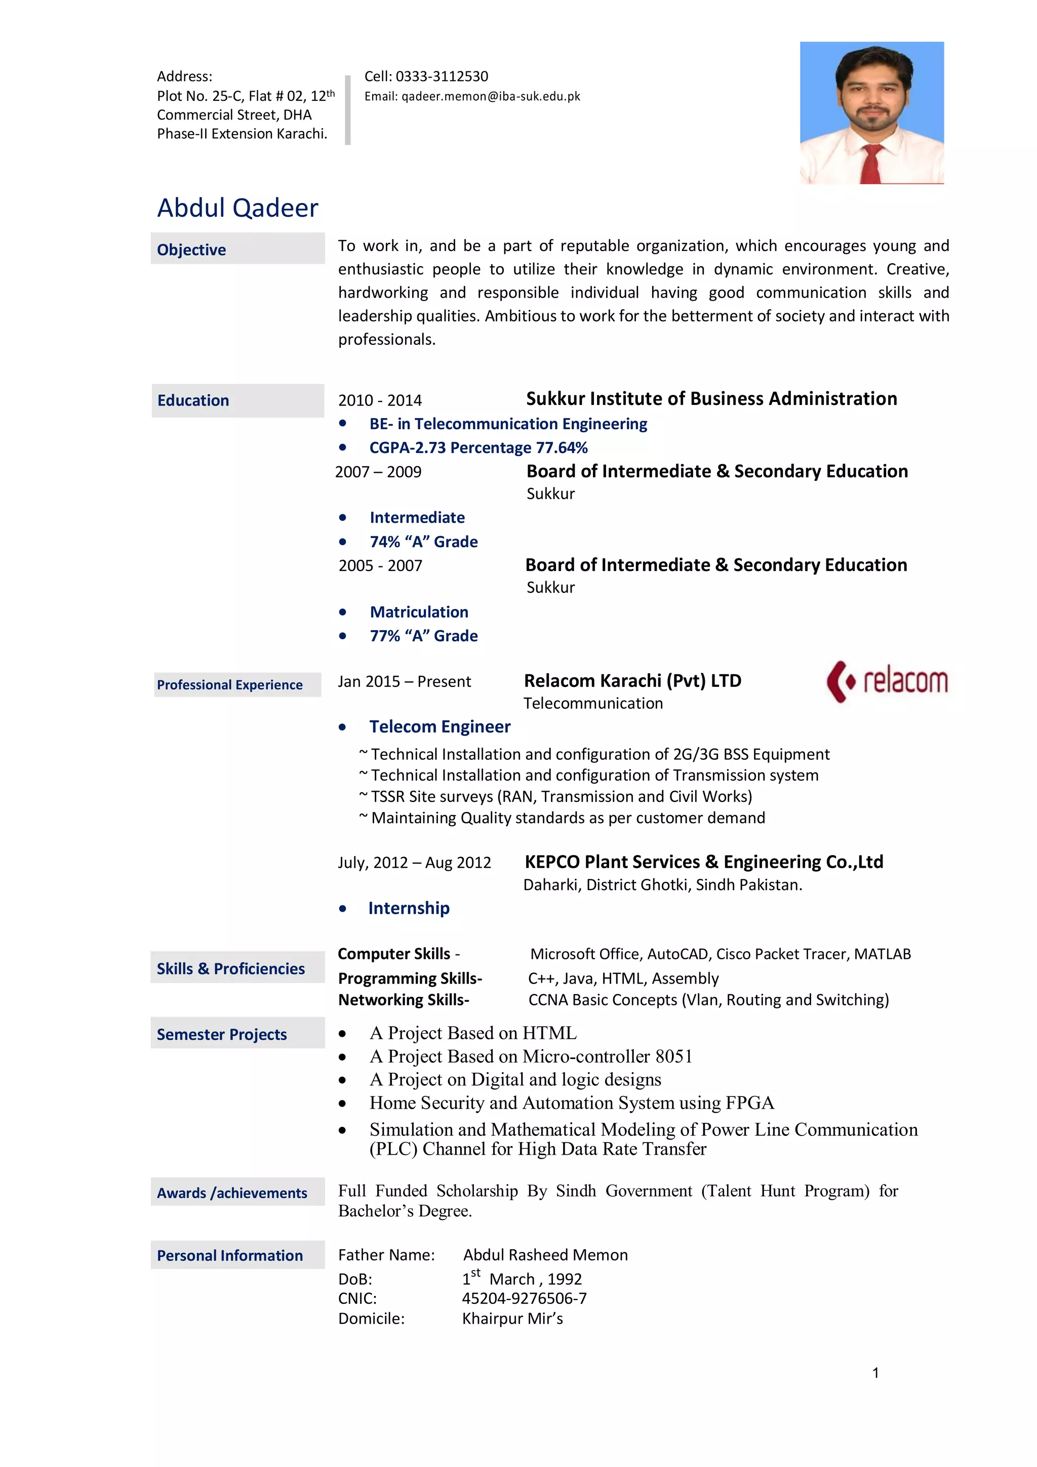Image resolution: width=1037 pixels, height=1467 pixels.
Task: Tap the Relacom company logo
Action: pyautogui.click(x=887, y=681)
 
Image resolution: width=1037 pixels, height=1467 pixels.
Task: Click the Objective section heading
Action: pyautogui.click(x=192, y=250)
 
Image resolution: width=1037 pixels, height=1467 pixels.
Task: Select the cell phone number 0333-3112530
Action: pyautogui.click(x=442, y=76)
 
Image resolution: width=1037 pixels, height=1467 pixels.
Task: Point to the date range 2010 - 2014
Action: pyautogui.click(x=380, y=400)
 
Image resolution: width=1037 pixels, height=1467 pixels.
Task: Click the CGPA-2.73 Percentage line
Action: pyautogui.click(x=478, y=448)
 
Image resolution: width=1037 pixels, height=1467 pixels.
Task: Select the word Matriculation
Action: pyautogui.click(x=419, y=612)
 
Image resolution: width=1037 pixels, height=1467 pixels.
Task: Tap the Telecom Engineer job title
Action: pyautogui.click(x=440, y=727)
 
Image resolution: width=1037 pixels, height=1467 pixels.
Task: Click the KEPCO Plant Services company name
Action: pyautogui.click(x=703, y=862)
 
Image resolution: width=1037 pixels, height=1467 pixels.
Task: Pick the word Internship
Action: pyautogui.click(x=409, y=909)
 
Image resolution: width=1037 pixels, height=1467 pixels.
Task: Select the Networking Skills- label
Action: pyautogui.click(x=404, y=1000)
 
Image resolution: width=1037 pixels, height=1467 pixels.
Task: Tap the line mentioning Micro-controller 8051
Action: pyautogui.click(x=530, y=1057)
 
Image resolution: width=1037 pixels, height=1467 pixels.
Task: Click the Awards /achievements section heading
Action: pyautogui.click(x=232, y=1194)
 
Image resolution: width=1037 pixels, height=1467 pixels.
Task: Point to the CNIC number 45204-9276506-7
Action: pyautogui.click(x=524, y=1298)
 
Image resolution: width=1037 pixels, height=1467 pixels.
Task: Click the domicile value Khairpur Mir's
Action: pyautogui.click(x=512, y=1319)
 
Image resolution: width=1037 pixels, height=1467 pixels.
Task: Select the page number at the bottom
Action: pyautogui.click(x=875, y=1373)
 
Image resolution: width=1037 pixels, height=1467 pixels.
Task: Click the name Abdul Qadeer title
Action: pyautogui.click(x=237, y=208)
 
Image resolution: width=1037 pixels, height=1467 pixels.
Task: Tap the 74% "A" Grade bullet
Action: pyautogui.click(x=424, y=542)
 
